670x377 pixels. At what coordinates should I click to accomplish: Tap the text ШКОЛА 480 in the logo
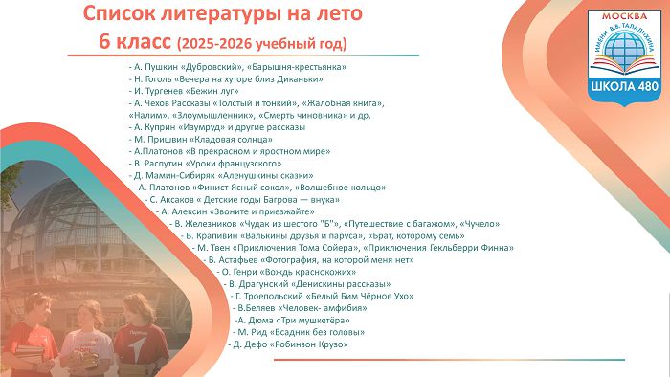coord(625,86)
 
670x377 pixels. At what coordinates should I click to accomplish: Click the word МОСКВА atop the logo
coord(624,16)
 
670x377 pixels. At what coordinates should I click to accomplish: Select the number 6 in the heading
coord(103,42)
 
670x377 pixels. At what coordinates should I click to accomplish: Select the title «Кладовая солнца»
coord(231,140)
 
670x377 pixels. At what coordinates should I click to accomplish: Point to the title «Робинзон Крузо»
coord(309,344)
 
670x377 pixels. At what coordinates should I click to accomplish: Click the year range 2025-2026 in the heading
coord(216,44)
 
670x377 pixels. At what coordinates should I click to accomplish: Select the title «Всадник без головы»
coord(318,332)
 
